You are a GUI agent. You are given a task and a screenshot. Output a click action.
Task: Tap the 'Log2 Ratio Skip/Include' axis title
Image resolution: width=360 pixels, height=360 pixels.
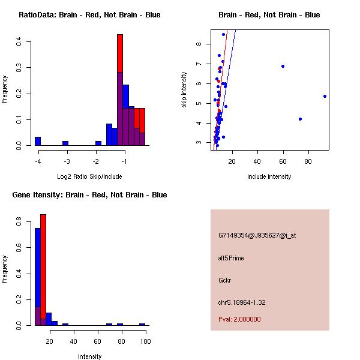(89, 176)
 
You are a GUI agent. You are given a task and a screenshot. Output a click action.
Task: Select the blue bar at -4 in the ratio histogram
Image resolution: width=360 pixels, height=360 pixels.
(38, 142)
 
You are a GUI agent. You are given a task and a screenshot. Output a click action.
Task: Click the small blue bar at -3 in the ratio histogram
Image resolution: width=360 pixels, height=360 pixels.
(65, 143)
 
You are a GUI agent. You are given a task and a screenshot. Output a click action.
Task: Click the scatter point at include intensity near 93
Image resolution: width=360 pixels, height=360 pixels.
(325, 96)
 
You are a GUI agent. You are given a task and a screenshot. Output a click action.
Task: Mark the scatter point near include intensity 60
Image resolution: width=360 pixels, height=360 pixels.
(283, 66)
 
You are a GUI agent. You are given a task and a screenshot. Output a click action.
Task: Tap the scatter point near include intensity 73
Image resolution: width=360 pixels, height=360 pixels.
(300, 119)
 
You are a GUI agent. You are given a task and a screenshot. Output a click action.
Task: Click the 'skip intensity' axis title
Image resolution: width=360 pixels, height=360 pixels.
(184, 90)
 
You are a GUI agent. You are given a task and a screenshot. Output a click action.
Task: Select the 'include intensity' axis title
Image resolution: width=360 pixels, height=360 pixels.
(269, 176)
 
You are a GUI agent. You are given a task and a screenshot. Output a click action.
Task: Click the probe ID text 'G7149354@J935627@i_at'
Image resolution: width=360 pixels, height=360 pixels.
(257, 235)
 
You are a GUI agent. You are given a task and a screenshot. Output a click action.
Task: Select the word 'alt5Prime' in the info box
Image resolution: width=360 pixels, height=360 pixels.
(231, 258)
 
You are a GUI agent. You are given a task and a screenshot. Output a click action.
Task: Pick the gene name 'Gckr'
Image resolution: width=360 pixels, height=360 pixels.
(225, 280)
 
